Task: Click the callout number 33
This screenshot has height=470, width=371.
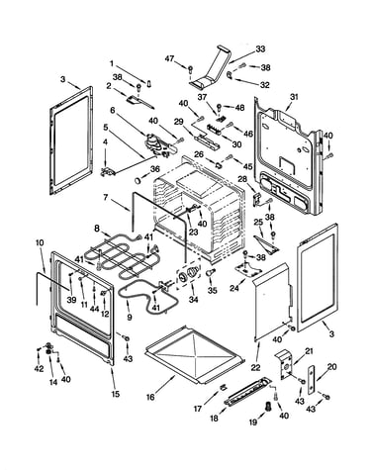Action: pyautogui.click(x=260, y=49)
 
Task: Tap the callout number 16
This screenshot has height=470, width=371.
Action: pyautogui.click(x=150, y=397)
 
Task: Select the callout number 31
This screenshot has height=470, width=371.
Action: pyautogui.click(x=294, y=97)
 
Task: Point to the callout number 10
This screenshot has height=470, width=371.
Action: pyautogui.click(x=40, y=242)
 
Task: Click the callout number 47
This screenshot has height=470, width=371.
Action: pyautogui.click(x=169, y=58)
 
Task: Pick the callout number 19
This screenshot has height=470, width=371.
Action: pyautogui.click(x=253, y=422)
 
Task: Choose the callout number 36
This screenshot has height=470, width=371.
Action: pyautogui.click(x=154, y=169)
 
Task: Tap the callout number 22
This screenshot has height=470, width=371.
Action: pyautogui.click(x=256, y=367)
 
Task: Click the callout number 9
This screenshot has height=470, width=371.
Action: pyautogui.click(x=130, y=318)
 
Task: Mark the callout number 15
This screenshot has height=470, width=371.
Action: pyautogui.click(x=116, y=394)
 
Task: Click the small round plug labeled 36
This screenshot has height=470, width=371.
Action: pyautogui.click(x=138, y=180)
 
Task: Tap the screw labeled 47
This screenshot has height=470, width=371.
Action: pyautogui.click(x=190, y=69)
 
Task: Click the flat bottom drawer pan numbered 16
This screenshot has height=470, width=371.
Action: pyautogui.click(x=195, y=355)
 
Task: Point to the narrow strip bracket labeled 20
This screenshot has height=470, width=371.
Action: pyautogui.click(x=312, y=380)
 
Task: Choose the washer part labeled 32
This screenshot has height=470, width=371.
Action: pyautogui.click(x=230, y=75)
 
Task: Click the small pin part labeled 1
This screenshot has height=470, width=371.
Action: pyautogui.click(x=149, y=83)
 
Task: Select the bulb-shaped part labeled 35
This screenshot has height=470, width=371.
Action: pyautogui.click(x=210, y=272)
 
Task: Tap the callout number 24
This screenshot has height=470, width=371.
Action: pyautogui.click(x=234, y=288)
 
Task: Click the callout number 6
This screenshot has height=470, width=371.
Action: pyautogui.click(x=113, y=110)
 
